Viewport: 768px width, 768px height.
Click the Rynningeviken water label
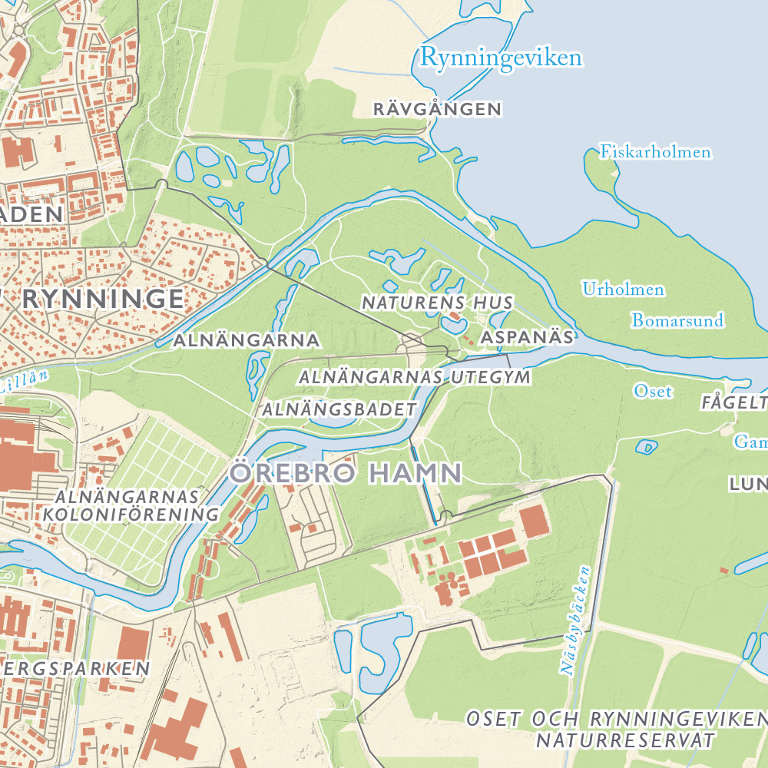(x=502, y=58)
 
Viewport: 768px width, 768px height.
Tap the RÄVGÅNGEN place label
(x=437, y=110)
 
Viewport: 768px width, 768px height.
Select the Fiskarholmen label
(x=655, y=152)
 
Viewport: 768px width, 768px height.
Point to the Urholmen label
(x=623, y=290)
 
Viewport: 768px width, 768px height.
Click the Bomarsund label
(x=677, y=320)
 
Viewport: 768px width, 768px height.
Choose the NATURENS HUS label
(x=437, y=303)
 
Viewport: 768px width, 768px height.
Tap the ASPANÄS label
(x=527, y=337)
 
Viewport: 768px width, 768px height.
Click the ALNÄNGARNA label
(x=247, y=339)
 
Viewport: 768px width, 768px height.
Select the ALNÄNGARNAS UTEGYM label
(x=415, y=377)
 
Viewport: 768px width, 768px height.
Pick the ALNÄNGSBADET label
(x=339, y=409)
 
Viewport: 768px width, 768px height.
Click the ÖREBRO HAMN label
(x=346, y=472)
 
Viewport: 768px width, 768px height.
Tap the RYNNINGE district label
(x=103, y=299)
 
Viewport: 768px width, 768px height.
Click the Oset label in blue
(x=653, y=392)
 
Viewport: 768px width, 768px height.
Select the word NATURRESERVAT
(x=625, y=740)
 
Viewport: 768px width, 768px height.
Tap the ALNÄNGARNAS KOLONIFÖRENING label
(x=131, y=505)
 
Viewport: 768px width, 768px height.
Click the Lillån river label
(x=23, y=382)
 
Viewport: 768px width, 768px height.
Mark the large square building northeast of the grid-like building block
(x=535, y=521)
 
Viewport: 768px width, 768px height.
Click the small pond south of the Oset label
(x=647, y=446)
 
